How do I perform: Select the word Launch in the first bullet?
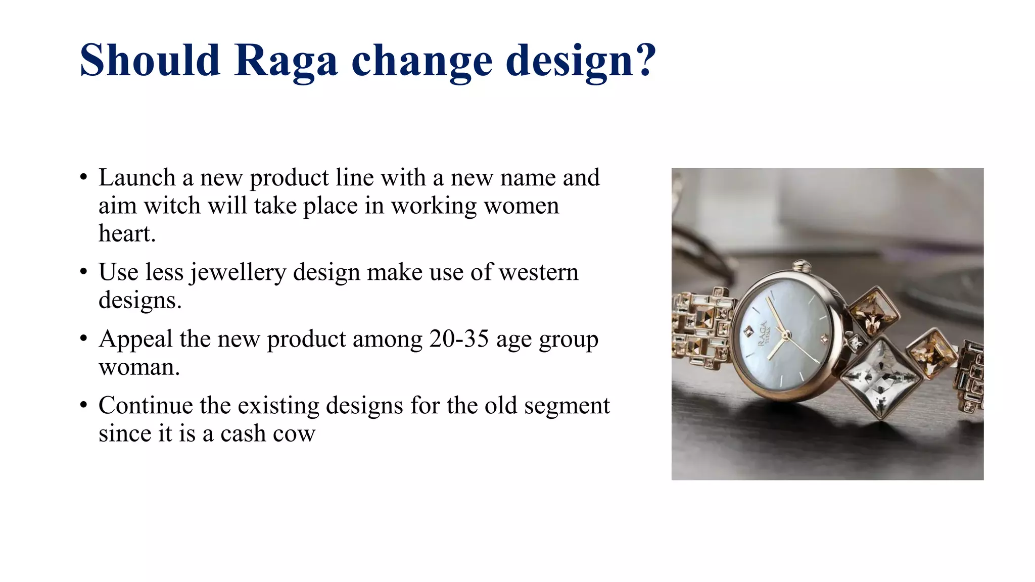click(x=136, y=178)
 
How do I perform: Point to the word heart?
click(x=126, y=234)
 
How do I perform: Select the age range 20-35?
click(x=459, y=339)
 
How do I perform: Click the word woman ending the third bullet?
click(x=138, y=367)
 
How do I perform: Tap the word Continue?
click(x=145, y=406)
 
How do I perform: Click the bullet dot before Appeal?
click(x=83, y=338)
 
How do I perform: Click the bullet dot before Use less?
click(x=83, y=272)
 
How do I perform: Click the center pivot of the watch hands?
click(x=784, y=334)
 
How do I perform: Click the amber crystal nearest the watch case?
click(x=872, y=311)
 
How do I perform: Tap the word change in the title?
click(x=421, y=61)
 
